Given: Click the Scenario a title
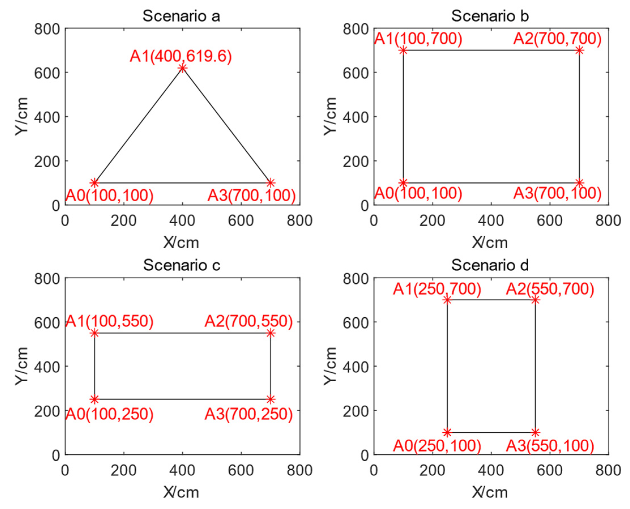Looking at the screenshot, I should (181, 16).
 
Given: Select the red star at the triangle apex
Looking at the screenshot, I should (182, 68).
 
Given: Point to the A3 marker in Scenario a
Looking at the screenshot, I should (270, 183).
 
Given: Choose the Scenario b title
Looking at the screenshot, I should (490, 16).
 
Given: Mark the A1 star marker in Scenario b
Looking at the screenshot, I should (403, 50).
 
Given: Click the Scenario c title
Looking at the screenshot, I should (181, 265).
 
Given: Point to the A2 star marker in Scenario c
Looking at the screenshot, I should (270, 333).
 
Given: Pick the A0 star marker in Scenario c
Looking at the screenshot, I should (95, 399).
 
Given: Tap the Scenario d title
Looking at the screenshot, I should (490, 265).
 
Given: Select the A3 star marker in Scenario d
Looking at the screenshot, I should (535, 432).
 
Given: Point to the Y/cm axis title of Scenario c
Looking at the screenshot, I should (22, 366).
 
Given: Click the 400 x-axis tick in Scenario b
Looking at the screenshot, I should (491, 221).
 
